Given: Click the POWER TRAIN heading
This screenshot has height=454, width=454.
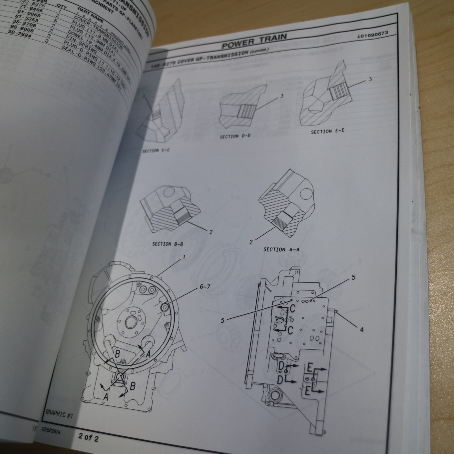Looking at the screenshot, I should pos(254,40).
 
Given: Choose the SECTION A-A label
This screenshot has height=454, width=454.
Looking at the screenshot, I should pos(281,249).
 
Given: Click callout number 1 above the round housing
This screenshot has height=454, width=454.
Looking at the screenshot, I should pos(184,257).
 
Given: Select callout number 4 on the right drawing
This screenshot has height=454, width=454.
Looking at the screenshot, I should pos(361,330).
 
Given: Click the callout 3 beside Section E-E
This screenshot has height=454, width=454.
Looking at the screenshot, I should pos(370,80).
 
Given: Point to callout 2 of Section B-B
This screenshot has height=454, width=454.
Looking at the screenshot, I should pos(211,232).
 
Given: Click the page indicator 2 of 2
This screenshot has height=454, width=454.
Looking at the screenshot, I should pos(88,438).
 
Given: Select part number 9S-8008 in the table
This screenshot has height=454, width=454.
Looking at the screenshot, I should pos(26,31).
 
